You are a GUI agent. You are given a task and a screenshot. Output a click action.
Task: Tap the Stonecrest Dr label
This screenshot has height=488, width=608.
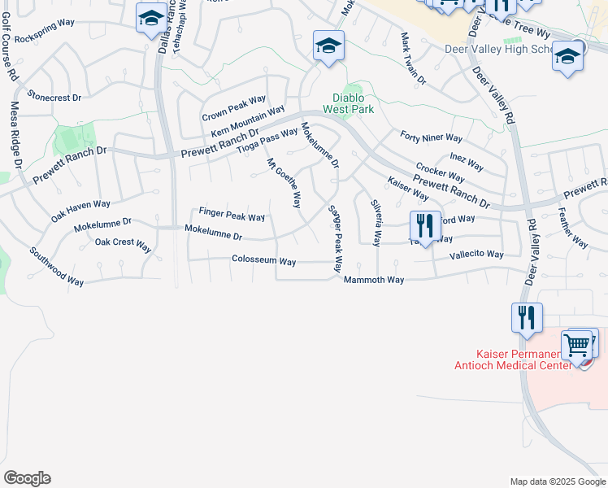tap(54, 97)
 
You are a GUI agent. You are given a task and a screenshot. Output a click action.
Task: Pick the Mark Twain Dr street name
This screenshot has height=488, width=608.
tap(412, 59)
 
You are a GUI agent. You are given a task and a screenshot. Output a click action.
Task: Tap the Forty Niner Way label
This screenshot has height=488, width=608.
tap(431, 138)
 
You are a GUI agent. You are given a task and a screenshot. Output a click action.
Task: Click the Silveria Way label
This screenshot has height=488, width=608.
tap(376, 223)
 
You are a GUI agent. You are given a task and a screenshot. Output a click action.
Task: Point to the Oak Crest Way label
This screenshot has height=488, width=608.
tap(123, 243)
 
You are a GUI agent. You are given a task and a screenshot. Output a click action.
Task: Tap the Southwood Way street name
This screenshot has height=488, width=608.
tap(57, 266)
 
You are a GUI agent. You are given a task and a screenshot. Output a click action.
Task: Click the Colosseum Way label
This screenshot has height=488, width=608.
tap(263, 262)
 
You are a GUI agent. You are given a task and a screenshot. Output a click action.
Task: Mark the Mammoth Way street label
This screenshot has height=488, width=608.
tap(373, 280)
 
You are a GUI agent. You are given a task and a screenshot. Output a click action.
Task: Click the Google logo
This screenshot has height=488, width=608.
tap(27, 478)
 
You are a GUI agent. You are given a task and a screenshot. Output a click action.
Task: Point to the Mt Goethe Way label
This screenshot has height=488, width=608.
tap(284, 183)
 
